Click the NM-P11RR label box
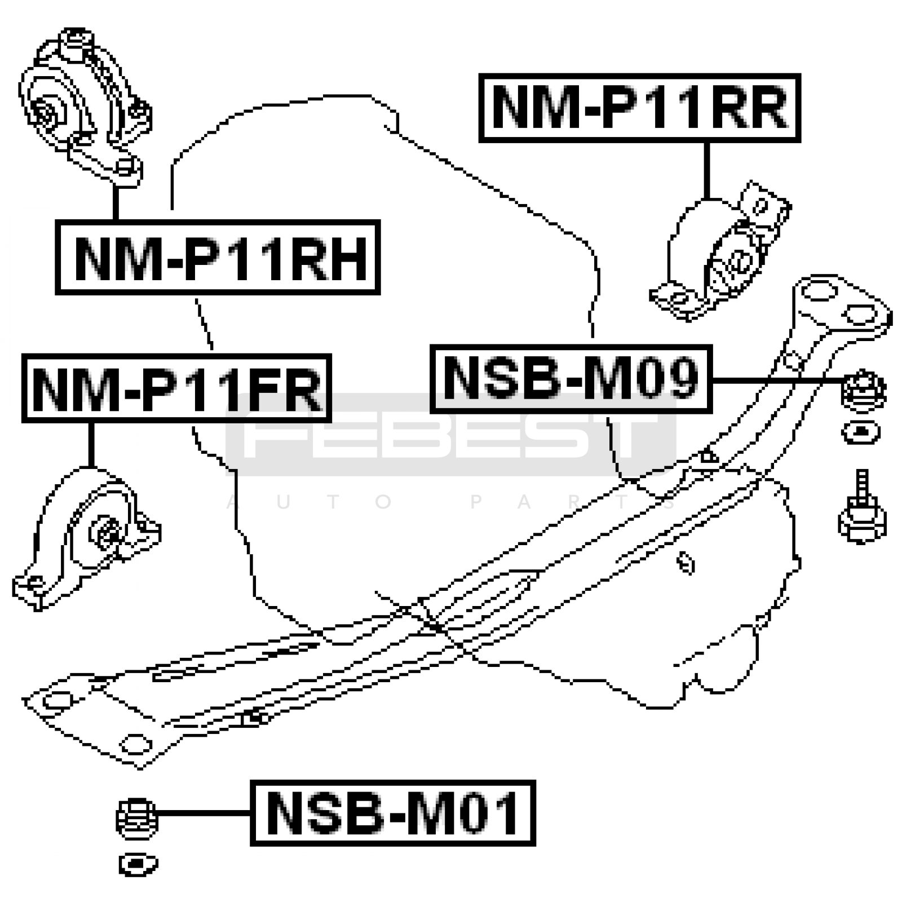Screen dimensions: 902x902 (639, 107)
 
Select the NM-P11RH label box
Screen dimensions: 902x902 (218, 258)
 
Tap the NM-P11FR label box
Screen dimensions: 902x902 (176, 388)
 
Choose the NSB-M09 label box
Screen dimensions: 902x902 (571, 379)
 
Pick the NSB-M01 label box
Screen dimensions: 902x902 (392, 813)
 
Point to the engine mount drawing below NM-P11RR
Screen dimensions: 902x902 (722, 254)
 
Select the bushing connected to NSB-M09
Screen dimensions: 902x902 (863, 389)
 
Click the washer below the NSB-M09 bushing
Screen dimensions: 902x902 (860, 433)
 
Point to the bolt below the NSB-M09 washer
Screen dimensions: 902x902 (861, 510)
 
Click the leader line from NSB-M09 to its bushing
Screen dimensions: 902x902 (778, 381)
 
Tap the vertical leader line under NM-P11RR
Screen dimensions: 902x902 (706, 169)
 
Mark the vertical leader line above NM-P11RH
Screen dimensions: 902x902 (116, 203)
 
